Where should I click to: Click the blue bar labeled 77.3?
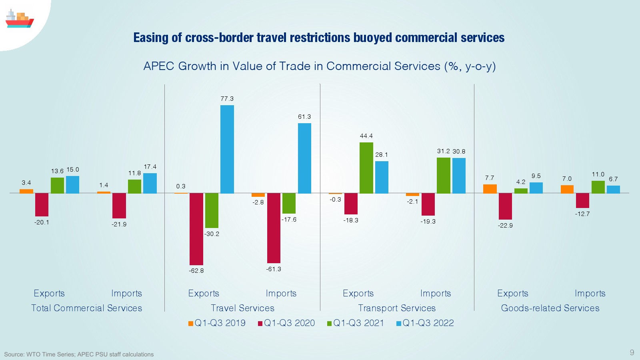pos(227,149)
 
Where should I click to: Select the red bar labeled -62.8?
pos(196,229)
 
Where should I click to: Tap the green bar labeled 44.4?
pos(366,168)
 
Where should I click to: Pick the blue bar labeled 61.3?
pos(304,158)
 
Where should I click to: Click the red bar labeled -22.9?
pos(505,206)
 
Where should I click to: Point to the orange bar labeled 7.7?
pos(490,189)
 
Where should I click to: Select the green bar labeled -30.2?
pos(212,210)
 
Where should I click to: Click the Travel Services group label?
pos(242,308)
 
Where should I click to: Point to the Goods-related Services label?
pos(550,308)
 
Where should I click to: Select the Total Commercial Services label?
pos(87,308)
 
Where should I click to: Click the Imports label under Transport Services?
pos(435,294)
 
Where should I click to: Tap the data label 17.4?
pos(150,167)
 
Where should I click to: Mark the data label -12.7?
pos(582,214)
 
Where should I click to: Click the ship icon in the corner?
pos(19,19)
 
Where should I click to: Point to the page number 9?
pos(632,352)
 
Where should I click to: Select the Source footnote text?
pos(79,354)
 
